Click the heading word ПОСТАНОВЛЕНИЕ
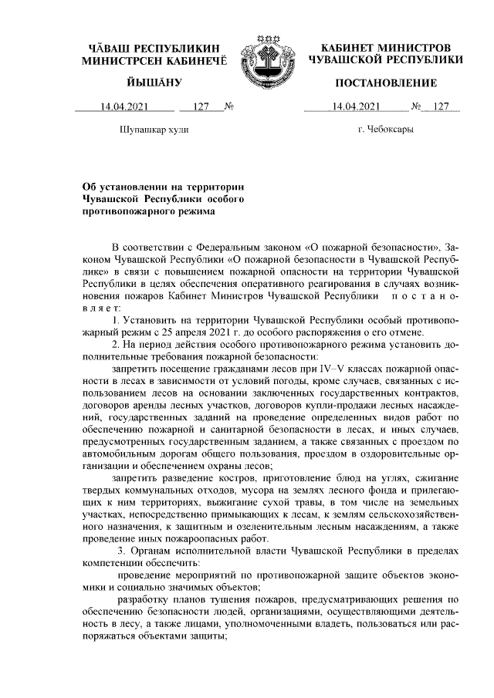point(386,83)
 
